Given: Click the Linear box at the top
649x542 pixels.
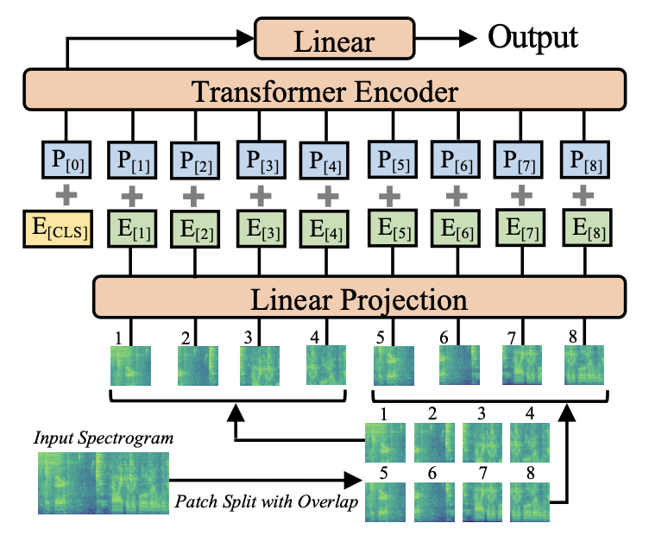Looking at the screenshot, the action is coord(335,39).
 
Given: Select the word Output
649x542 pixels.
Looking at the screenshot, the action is coord(532,38).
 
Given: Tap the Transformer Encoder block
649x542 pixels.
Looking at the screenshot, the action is coord(324,90).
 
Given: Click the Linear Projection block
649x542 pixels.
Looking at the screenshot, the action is coord(359,297).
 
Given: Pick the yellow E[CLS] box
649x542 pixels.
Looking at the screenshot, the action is coord(58,229).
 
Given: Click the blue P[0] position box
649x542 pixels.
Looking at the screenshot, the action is coord(66,160).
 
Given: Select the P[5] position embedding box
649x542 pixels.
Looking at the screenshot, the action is coord(393,160).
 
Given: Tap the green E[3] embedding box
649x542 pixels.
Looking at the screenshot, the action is coord(261,229).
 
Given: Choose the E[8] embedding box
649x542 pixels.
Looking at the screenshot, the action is coord(587,229).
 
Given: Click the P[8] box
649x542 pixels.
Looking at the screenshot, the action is coord(584,160).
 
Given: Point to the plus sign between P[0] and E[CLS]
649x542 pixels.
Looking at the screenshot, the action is coord(66,194).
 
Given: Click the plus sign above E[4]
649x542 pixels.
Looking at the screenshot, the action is coord(328,195).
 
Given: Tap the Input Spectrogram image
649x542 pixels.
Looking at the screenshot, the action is coord(104,483).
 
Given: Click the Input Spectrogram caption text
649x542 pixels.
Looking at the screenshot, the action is coord(104,438).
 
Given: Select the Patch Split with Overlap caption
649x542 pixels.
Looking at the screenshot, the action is coord(266,501).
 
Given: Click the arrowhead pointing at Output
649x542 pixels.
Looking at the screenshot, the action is coord(468,39).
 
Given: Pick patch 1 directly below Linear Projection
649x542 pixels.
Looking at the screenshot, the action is coord(130,366).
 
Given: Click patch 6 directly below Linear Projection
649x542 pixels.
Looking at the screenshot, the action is coord(459,365).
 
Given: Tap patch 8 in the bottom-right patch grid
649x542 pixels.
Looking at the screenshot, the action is coord(530,501).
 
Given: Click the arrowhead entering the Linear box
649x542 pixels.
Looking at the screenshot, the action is coord(244,39).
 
